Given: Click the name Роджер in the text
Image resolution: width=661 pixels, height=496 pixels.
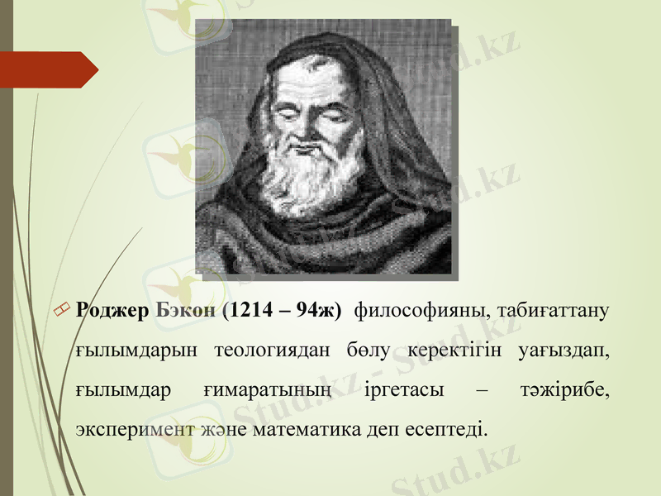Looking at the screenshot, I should point(112,311).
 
